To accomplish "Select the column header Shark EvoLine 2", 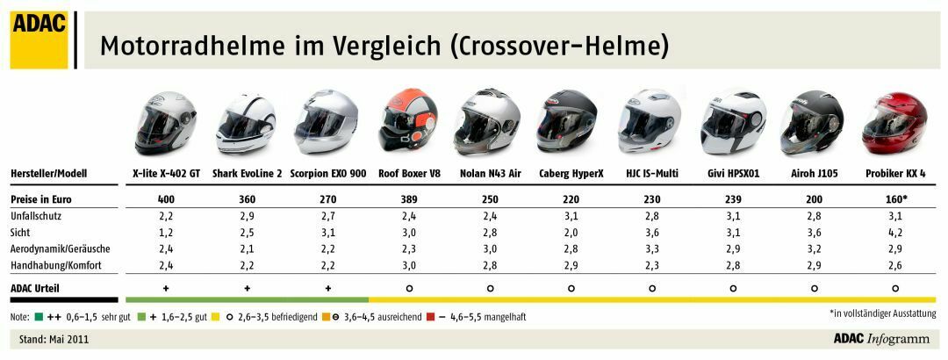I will pyautogui.click(x=248, y=174).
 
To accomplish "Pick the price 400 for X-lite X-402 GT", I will pyautogui.click(x=166, y=199).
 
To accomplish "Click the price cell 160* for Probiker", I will pyautogui.click(x=895, y=199).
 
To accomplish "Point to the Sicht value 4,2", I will pyautogui.click(x=894, y=233).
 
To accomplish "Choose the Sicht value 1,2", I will pyautogui.click(x=166, y=233).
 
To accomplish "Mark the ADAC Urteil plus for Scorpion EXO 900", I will pyautogui.click(x=327, y=288).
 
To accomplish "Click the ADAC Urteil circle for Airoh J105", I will pyautogui.click(x=814, y=288).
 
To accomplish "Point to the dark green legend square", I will pyautogui.click(x=39, y=317).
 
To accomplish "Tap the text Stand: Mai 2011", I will pyautogui.click(x=54, y=338).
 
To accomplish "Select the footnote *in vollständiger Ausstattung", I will pyautogui.click(x=882, y=313).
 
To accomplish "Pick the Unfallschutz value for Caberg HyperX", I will pyautogui.click(x=571, y=216).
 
